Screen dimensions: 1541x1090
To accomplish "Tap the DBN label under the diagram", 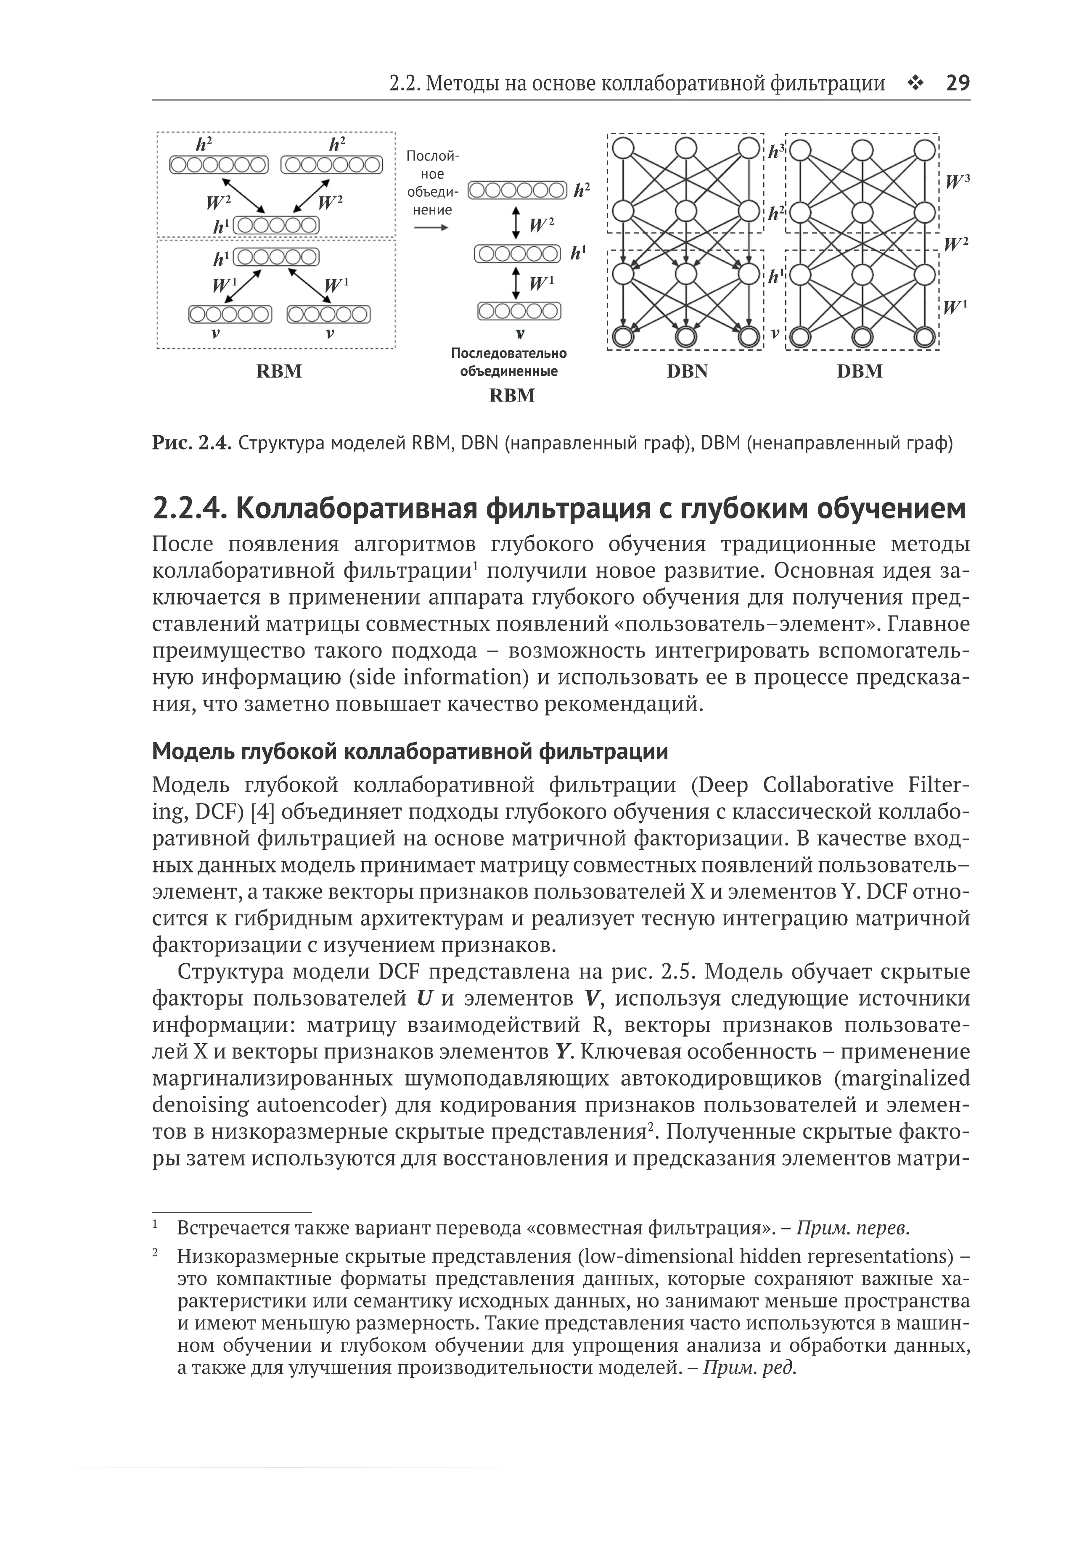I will pyautogui.click(x=687, y=372).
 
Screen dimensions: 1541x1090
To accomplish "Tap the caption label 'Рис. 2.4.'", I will pyautogui.click(x=192, y=444).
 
